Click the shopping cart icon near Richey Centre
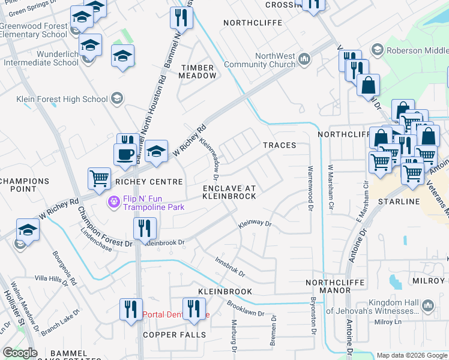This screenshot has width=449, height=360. coord(99,178)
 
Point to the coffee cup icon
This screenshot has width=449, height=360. coord(125,154)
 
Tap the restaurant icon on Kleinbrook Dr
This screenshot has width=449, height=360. coord(145,228)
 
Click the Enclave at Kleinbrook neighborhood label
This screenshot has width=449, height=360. coord(229,192)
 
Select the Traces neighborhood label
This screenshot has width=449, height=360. coord(279,145)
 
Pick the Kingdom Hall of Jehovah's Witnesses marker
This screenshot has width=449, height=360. coord(427,306)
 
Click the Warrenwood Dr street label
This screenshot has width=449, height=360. coord(310,188)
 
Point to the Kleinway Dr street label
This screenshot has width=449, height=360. coord(255,224)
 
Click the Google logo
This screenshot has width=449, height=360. coord(20,353)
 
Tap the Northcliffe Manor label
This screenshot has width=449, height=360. coord(328,286)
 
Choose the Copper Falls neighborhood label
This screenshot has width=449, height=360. coord(174,334)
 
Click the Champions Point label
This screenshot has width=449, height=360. coord(25,185)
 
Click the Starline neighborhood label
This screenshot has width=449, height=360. coord(399,202)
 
